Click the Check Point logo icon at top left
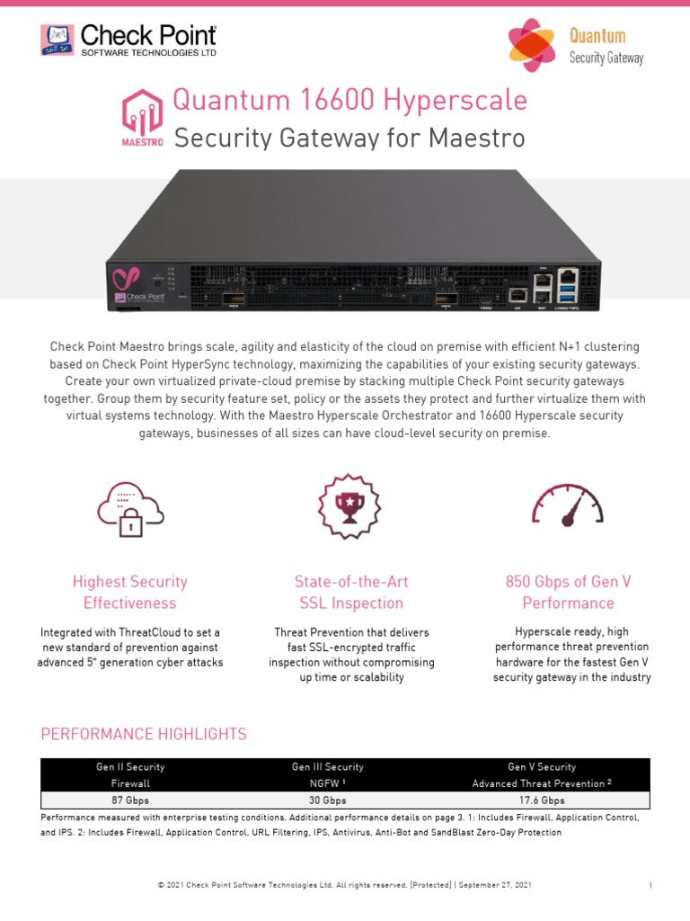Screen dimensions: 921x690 pyautogui.click(x=57, y=40)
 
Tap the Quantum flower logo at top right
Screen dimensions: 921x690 pyautogui.click(x=532, y=46)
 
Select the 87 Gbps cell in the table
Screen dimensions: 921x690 pyautogui.click(x=130, y=800)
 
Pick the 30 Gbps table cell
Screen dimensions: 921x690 pyautogui.click(x=327, y=800)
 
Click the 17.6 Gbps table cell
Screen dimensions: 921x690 pyautogui.click(x=542, y=800)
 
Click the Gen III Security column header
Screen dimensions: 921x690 pyautogui.click(x=327, y=767)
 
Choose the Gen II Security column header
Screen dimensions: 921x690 pyautogui.click(x=130, y=767)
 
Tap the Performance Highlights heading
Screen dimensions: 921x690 pyautogui.click(x=144, y=734)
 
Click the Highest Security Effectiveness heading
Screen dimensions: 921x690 pyautogui.click(x=130, y=592)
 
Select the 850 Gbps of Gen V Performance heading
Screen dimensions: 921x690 pyautogui.click(x=568, y=592)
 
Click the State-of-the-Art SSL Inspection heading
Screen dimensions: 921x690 pyautogui.click(x=350, y=592)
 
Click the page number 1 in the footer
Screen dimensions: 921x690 pyautogui.click(x=650, y=886)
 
